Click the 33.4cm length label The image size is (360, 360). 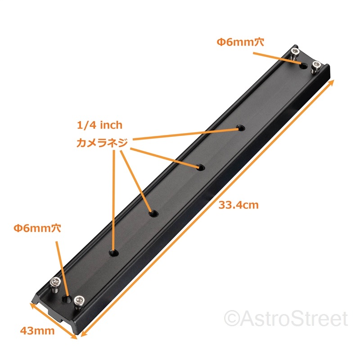point(238,205)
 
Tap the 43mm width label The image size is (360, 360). point(37,331)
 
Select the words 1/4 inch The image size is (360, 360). point(99,125)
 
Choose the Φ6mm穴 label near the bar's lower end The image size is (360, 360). point(37,228)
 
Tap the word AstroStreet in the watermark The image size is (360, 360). point(295,319)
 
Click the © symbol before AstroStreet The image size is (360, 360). point(232,319)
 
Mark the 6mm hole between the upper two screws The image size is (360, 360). point(304,66)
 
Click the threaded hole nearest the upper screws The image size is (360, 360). point(241,129)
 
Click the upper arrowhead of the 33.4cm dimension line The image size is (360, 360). point(333,83)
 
